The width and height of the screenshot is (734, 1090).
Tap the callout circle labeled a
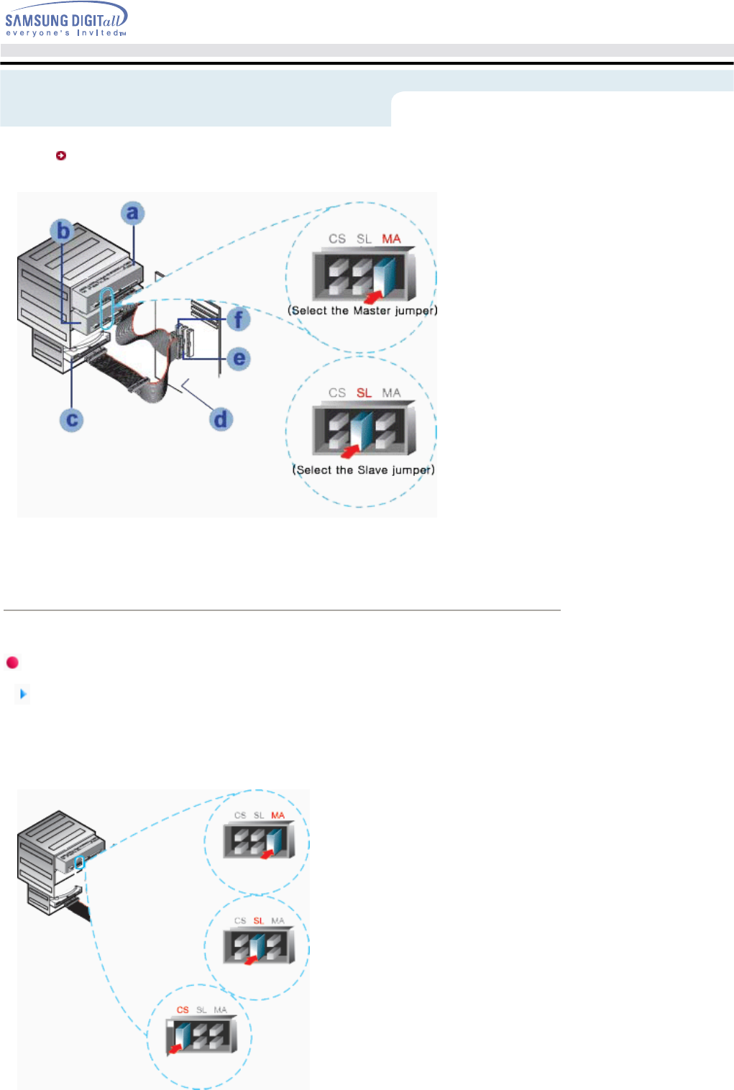click(132, 213)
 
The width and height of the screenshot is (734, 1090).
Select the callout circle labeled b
click(63, 231)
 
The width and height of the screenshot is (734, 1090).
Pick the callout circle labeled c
click(72, 420)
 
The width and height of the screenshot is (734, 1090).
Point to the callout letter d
click(221, 419)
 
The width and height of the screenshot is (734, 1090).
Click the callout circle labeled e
click(239, 358)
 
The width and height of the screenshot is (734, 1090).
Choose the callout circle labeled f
click(239, 319)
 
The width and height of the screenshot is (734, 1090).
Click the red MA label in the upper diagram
click(391, 239)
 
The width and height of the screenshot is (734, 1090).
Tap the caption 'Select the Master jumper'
click(362, 311)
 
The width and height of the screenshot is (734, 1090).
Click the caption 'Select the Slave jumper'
click(363, 470)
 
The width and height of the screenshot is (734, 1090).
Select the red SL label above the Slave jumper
click(364, 393)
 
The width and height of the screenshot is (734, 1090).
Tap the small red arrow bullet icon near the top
click(61, 155)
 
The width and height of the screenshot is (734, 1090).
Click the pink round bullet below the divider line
click(12, 662)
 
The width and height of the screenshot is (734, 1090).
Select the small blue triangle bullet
click(23, 694)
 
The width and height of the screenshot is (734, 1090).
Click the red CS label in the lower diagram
click(183, 1010)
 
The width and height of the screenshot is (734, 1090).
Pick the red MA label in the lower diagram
click(278, 815)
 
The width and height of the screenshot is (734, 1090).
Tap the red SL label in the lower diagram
click(259, 921)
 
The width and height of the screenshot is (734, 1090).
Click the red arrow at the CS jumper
click(174, 1050)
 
